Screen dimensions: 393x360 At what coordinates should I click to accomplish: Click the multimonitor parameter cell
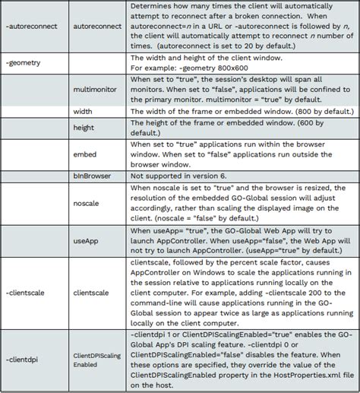coord(98,89)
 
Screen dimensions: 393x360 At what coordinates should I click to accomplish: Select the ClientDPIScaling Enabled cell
coord(98,360)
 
